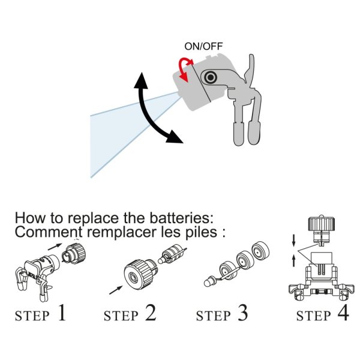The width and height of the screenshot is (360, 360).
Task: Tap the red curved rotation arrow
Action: tap(183, 70)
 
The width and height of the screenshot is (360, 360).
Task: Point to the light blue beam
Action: tap(120, 129)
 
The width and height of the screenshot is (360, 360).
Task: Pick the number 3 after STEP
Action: tap(241, 313)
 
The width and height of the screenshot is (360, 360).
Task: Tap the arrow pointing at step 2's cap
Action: tap(113, 291)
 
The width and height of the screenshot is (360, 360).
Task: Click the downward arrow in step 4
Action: tap(293, 242)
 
